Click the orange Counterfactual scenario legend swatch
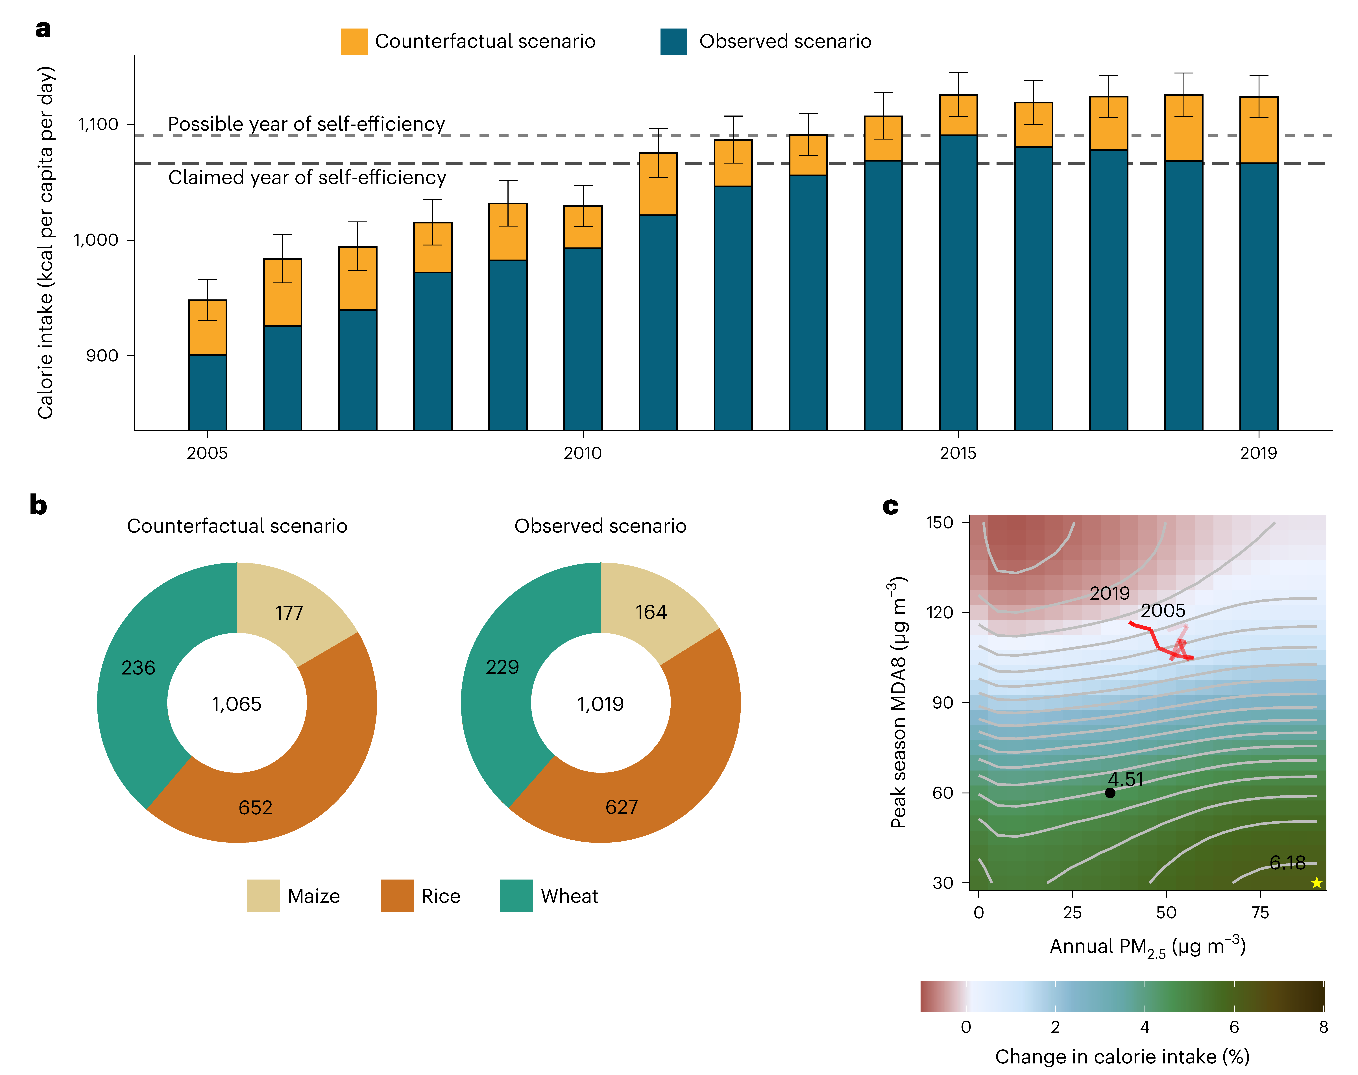(x=354, y=42)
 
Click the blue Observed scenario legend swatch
(x=673, y=42)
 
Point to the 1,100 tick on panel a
(x=97, y=124)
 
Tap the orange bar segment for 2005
(x=208, y=327)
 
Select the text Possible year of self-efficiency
(x=306, y=124)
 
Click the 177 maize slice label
(x=289, y=613)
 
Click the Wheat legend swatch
(x=516, y=896)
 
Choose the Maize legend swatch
(x=263, y=896)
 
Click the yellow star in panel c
(x=1316, y=883)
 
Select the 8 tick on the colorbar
(x=1323, y=1027)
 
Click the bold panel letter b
(x=38, y=505)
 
